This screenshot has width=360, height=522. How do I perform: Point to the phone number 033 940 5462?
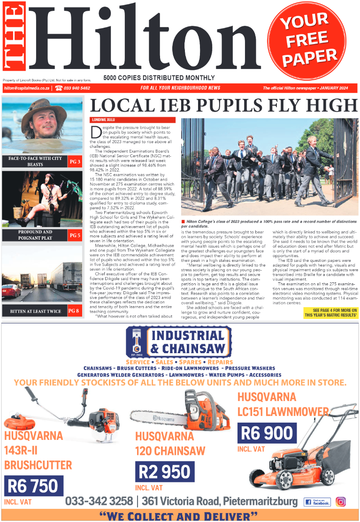pos(72,88)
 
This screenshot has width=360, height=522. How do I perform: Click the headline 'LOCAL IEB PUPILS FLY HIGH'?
pos(223,105)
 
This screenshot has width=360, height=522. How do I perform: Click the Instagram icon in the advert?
pos(341,501)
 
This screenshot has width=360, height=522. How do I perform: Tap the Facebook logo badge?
pos(317,501)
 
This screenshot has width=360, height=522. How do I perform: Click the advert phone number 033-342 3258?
pos(99,501)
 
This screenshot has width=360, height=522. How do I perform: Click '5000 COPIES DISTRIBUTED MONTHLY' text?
pos(159,78)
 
